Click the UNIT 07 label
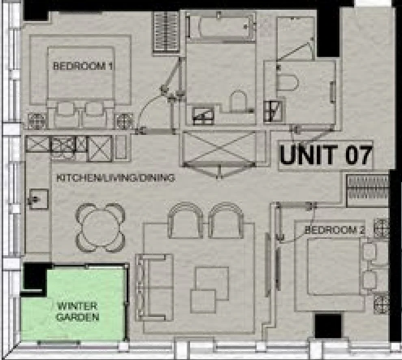[326, 155]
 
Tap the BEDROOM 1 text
[82, 66]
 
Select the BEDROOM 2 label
[335, 230]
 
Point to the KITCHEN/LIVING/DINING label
[116, 178]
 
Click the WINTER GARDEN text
[78, 312]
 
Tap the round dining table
[101, 228]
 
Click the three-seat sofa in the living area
[154, 287]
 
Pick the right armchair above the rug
[226, 220]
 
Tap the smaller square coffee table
[203, 301]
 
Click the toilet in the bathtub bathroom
[238, 101]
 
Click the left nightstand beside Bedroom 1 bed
[37, 121]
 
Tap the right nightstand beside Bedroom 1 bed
[124, 121]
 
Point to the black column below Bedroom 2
[328, 326]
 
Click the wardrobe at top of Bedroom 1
[166, 33]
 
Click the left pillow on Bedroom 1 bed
[66, 108]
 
